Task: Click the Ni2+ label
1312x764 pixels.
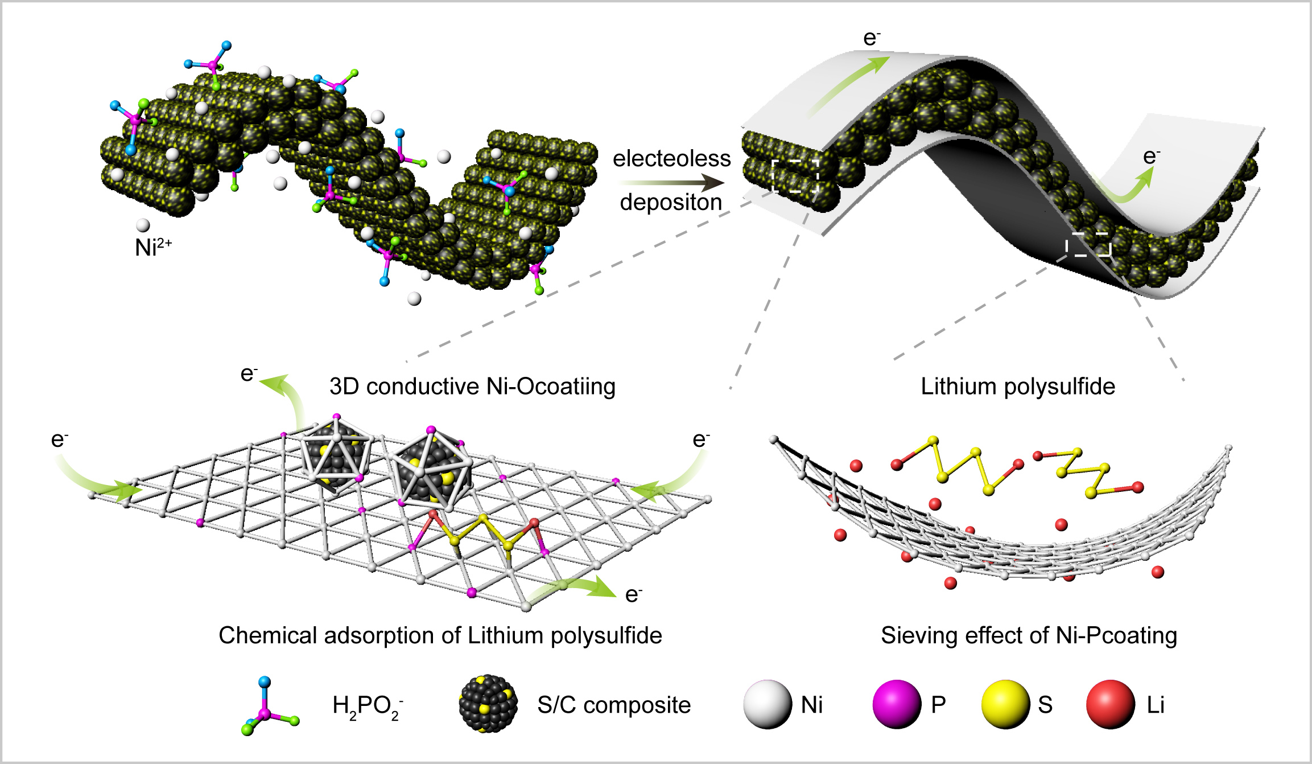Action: [x=153, y=247]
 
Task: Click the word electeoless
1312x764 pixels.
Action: [x=671, y=158]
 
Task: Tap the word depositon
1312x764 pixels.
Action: [x=671, y=202]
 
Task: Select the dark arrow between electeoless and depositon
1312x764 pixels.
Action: [x=671, y=183]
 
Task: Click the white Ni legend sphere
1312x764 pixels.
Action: [x=767, y=704]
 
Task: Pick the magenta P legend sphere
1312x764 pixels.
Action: [x=897, y=704]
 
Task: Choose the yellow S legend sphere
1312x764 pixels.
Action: [x=1005, y=704]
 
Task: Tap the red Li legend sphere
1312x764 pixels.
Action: [x=1111, y=704]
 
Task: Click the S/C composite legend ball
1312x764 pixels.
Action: [x=488, y=704]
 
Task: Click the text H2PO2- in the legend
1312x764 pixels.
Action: [x=368, y=707]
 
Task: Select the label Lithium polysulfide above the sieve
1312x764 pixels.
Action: [x=1018, y=387]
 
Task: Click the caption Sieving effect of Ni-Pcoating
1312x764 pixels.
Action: [x=1029, y=635]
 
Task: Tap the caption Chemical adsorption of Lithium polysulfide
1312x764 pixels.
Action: [x=440, y=635]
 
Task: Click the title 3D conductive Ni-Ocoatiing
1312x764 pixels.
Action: [x=472, y=387]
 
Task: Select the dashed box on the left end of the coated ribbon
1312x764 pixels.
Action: [x=795, y=176]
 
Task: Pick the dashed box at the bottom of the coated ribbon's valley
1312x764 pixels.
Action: [x=1088, y=244]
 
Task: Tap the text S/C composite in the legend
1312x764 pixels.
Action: [x=614, y=705]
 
